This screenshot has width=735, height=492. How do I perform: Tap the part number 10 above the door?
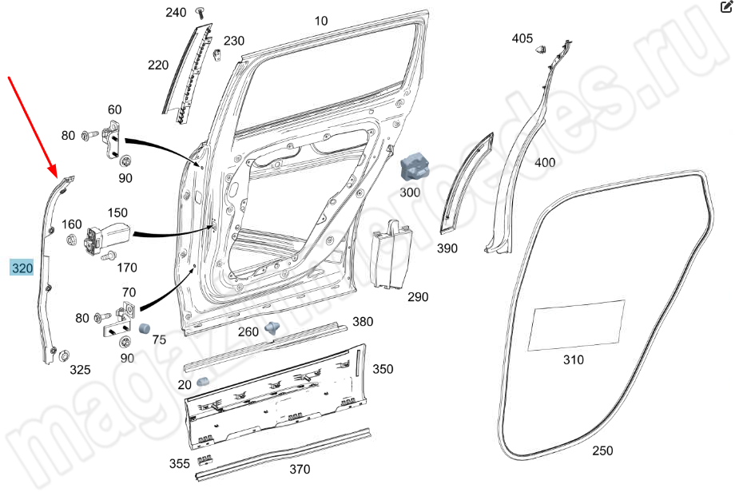pyautogui.click(x=321, y=22)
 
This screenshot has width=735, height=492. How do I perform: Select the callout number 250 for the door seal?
pyautogui.click(x=603, y=451)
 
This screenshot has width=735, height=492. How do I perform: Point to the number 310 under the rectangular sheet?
pyautogui.click(x=574, y=360)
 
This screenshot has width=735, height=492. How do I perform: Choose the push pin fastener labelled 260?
pyautogui.click(x=274, y=327)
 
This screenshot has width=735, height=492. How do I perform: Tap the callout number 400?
pyautogui.click(x=544, y=163)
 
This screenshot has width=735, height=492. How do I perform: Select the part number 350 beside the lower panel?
pyautogui.click(x=383, y=369)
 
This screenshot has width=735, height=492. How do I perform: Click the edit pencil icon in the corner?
pyautogui.click(x=723, y=6)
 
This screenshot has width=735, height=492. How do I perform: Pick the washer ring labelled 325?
pyautogui.click(x=63, y=356)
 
